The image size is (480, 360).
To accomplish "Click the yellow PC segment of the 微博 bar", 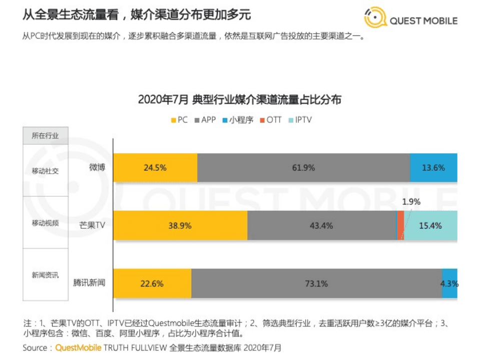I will [x=155, y=168].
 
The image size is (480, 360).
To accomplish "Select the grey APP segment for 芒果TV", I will [x=321, y=225].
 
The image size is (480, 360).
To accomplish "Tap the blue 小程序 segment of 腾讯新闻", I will [x=449, y=283].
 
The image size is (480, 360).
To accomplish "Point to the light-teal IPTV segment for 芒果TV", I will [x=430, y=225].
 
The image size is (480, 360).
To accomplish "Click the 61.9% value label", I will [x=303, y=168].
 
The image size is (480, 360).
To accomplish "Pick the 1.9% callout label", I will [x=411, y=202].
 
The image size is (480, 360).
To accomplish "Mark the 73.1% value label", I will [x=316, y=283].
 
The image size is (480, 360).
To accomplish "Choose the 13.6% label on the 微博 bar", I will [x=433, y=168].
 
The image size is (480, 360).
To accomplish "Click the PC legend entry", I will [x=179, y=120].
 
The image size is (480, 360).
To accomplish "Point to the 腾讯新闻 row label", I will [x=90, y=283].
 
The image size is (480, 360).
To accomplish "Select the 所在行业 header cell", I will [x=45, y=136].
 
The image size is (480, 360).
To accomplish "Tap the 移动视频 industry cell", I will [x=45, y=223].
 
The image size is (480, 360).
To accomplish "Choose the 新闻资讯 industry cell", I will [x=45, y=275].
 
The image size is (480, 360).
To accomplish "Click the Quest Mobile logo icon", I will [x=374, y=18].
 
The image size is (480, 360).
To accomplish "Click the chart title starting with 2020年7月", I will [x=239, y=100].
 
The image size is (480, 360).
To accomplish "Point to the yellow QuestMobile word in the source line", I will [x=78, y=347].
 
